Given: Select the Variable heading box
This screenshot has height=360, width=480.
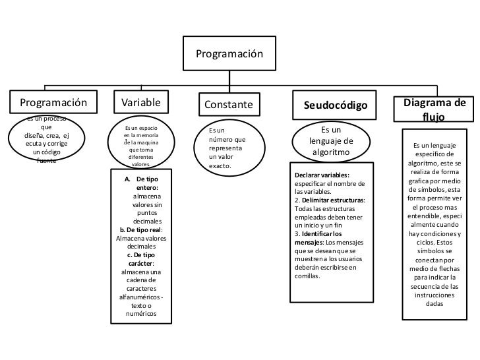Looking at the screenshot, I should [141, 102].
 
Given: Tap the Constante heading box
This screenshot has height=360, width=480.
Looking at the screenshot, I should [227, 105].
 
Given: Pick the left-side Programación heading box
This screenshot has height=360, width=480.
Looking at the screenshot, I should [53, 102].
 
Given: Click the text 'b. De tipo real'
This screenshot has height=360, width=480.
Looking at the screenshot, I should [140, 229].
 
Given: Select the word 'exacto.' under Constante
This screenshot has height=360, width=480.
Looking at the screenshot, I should [220, 166].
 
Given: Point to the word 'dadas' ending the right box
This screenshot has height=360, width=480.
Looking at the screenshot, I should [435, 304].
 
